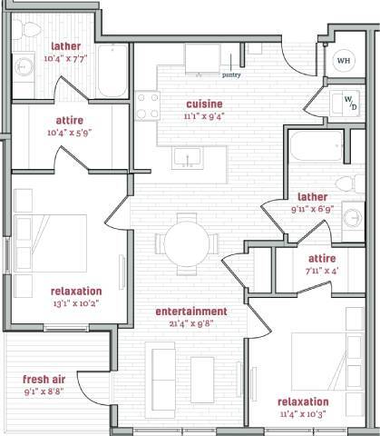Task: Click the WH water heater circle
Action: pos(345,62)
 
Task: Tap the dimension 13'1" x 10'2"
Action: pos(77,304)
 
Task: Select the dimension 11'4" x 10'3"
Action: pos(303,414)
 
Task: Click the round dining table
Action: pos(187,242)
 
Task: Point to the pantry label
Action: pos(230,76)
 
